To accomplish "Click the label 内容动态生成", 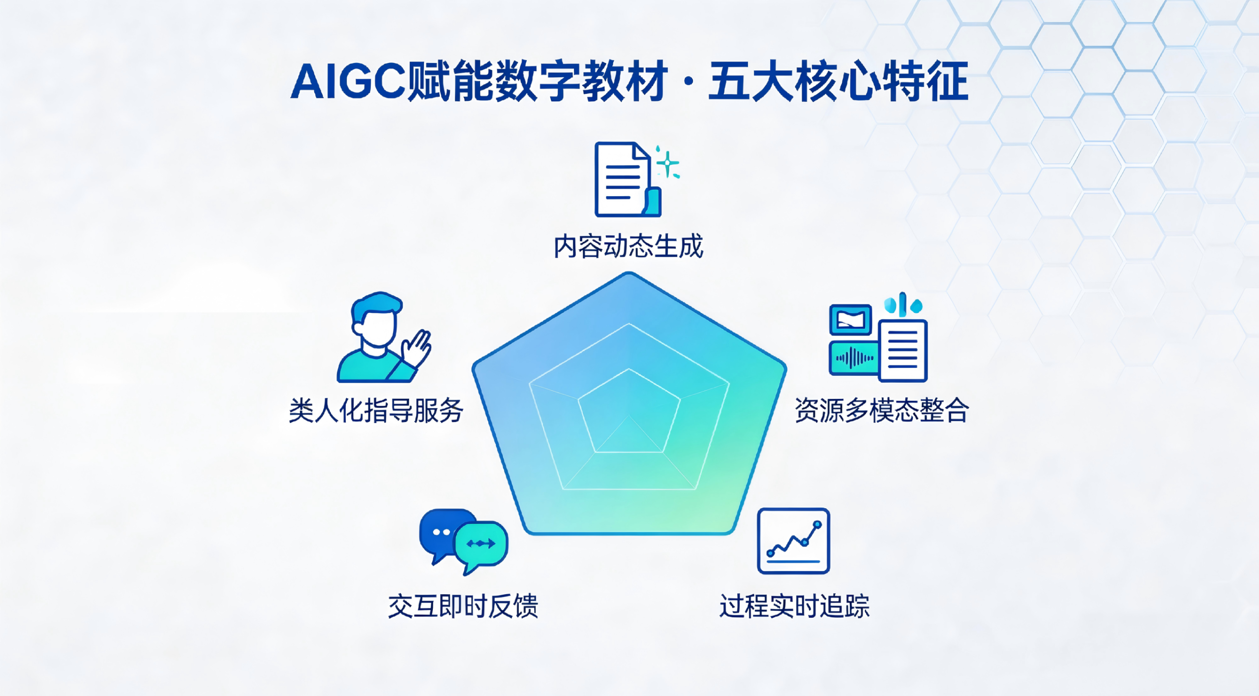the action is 629,246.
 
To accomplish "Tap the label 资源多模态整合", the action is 882,410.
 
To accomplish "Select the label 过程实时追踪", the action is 794,605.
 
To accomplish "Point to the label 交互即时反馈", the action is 463,605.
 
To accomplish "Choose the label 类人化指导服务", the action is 376,410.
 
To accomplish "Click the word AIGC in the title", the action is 348,81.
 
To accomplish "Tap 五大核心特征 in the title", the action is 839,81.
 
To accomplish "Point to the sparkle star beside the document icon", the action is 668,162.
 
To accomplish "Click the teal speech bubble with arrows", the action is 481,545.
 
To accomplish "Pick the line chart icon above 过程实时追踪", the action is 793,541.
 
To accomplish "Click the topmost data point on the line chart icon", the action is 817,525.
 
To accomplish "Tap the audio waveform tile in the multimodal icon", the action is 854,358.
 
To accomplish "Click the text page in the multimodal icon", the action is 903,350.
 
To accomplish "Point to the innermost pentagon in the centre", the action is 629,410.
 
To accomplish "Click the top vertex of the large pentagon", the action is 629,273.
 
